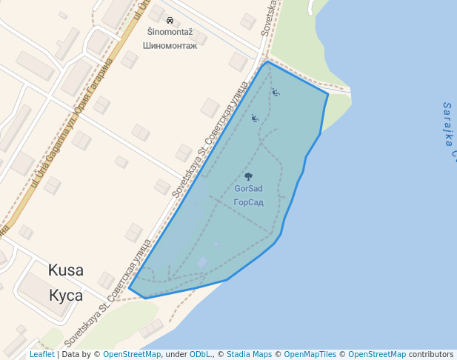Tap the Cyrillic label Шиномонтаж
pyautogui.click(x=170, y=46)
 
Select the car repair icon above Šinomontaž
pyautogui.click(x=170, y=21)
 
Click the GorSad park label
pyautogui.click(x=248, y=189)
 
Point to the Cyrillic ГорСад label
pyautogui.click(x=248, y=202)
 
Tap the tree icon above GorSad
pyautogui.click(x=248, y=176)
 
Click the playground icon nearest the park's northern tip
pyautogui.click(x=276, y=92)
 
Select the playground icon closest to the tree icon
pyautogui.click(x=255, y=118)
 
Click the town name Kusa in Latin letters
pyautogui.click(x=66, y=270)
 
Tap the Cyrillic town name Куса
pyautogui.click(x=66, y=296)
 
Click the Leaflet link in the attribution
pyautogui.click(x=41, y=354)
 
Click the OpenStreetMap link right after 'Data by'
pyautogui.click(x=132, y=354)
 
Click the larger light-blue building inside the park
pyautogui.click(x=202, y=263)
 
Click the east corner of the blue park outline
pyautogui.click(x=327, y=94)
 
